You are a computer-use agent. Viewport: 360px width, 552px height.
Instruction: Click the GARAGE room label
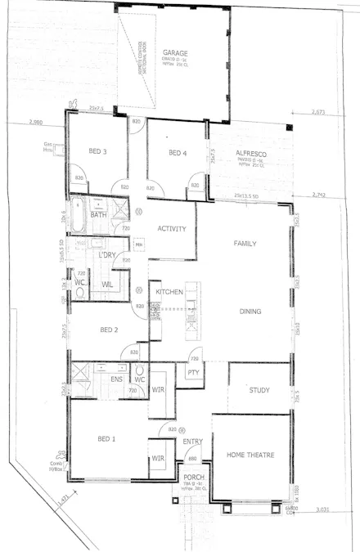pos(175,52)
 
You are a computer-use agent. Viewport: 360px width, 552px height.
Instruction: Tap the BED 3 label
pos(98,151)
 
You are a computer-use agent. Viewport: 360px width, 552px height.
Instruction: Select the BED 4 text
pos(178,153)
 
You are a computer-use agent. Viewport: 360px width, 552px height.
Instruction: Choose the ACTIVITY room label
pos(173,229)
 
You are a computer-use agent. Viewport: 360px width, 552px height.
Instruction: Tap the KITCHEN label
pos(169,292)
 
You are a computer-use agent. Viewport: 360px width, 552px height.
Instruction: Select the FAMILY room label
pos(245,244)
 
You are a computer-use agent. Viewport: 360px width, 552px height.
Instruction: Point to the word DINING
pos(250,312)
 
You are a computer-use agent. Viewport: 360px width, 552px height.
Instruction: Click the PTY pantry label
pos(193,373)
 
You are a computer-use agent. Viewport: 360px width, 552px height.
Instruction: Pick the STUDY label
pos(259,389)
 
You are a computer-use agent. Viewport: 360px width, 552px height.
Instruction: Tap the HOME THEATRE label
pos(250,455)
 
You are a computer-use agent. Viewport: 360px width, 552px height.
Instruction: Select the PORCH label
pos(194,477)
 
